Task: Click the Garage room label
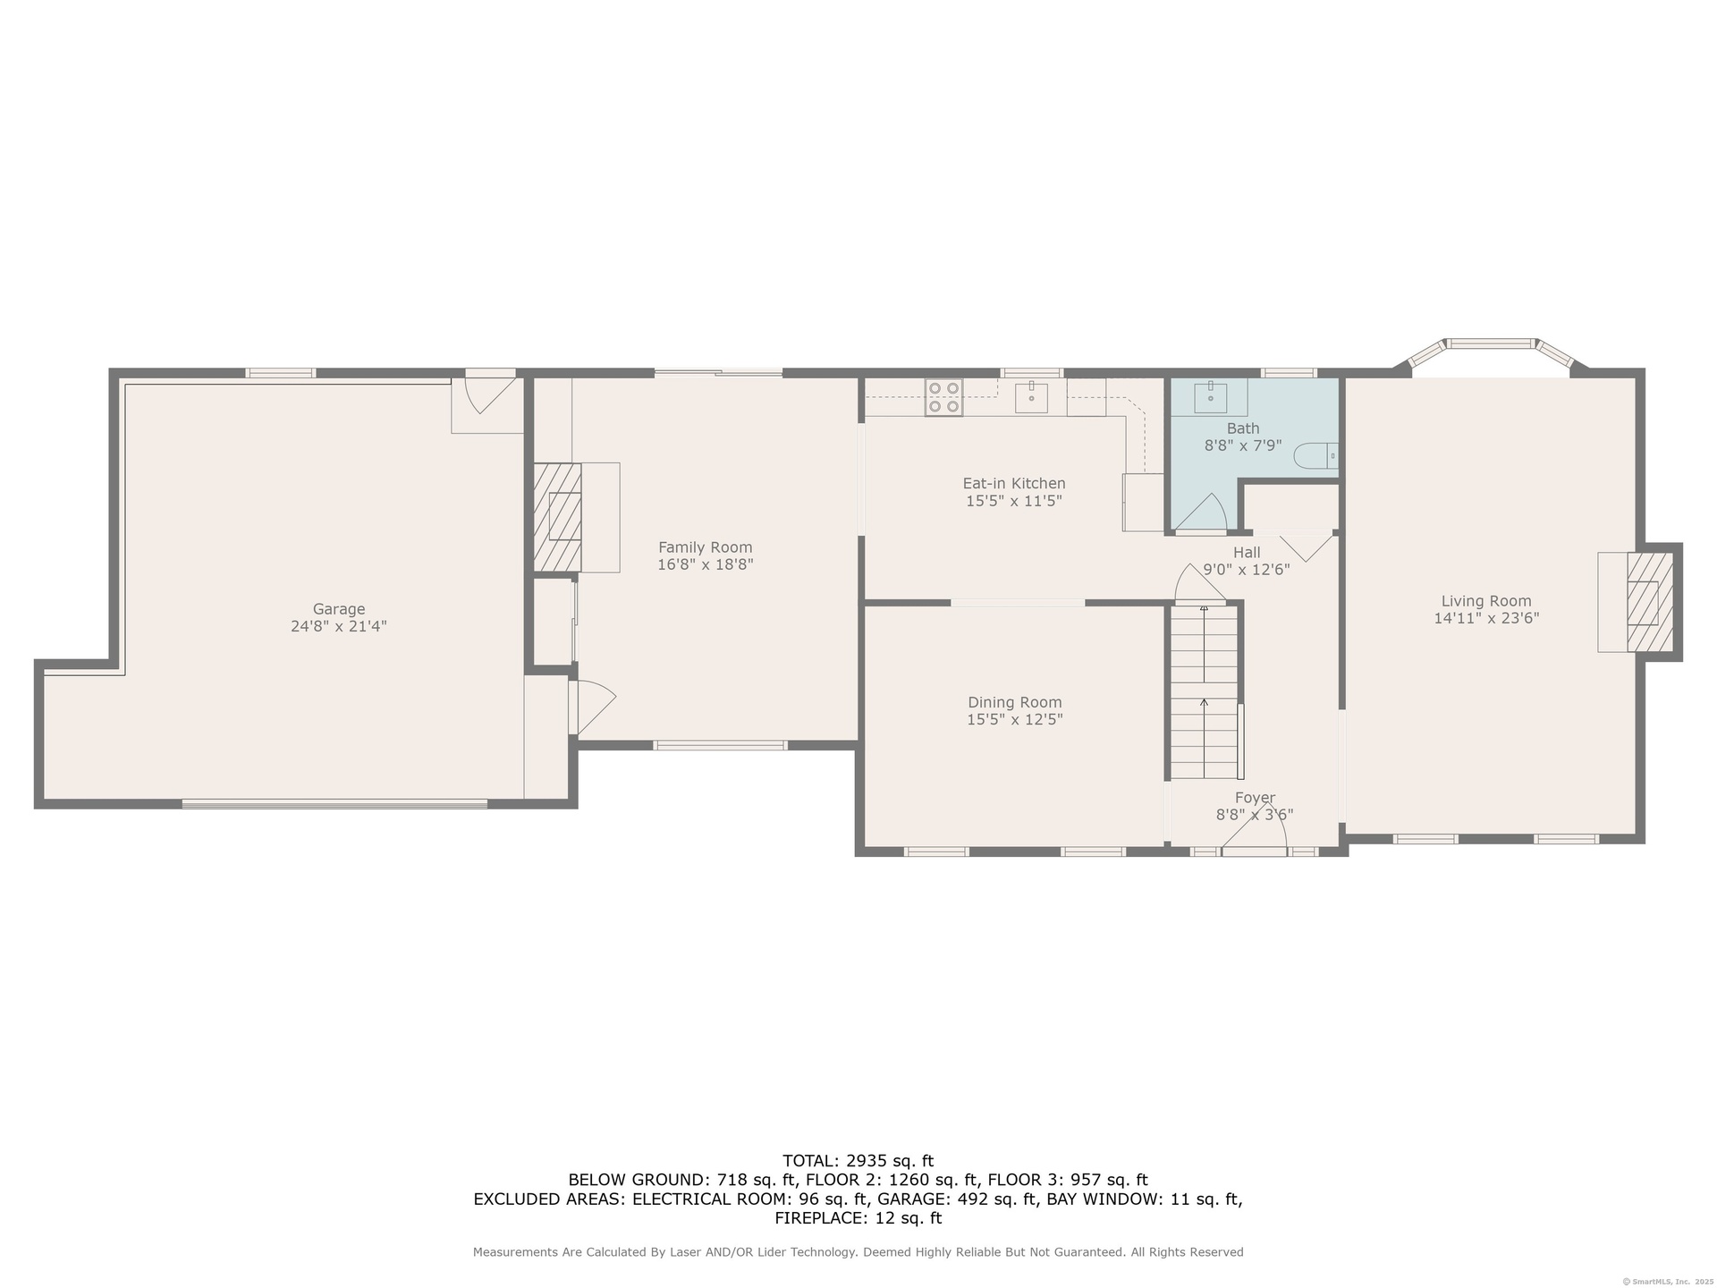click(339, 610)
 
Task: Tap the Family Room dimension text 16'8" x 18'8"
click(706, 564)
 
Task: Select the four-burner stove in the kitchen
click(943, 398)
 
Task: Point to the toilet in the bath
click(1316, 456)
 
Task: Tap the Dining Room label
click(1015, 702)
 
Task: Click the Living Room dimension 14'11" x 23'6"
click(1486, 618)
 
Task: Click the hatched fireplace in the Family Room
click(558, 516)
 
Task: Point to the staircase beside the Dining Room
click(1205, 691)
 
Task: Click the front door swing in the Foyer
click(1254, 834)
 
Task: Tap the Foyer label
click(1255, 798)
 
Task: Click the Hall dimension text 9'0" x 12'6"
click(1247, 570)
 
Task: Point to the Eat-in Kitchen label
click(1014, 484)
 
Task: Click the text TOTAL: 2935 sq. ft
click(858, 1161)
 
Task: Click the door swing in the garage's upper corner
click(486, 394)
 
